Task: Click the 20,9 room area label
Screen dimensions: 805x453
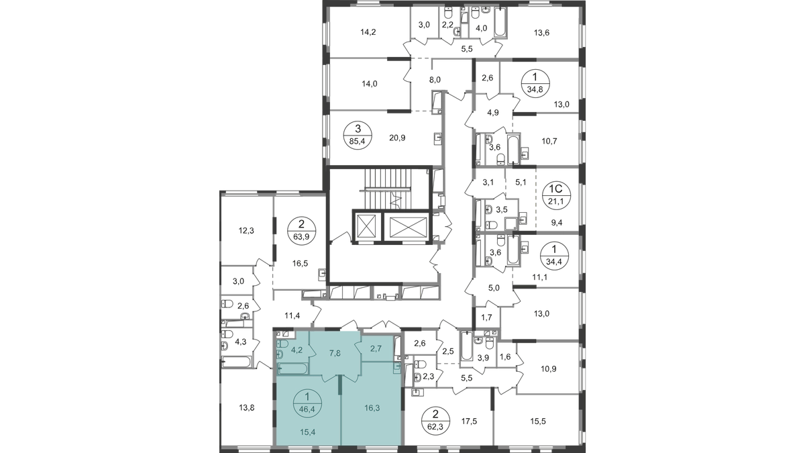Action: (397, 138)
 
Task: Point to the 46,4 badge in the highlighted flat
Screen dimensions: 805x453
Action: (307, 404)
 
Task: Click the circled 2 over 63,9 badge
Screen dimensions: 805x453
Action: (301, 231)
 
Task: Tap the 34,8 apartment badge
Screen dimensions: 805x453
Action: (535, 83)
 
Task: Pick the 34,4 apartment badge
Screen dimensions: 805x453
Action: (554, 256)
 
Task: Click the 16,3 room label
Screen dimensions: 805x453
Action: (372, 408)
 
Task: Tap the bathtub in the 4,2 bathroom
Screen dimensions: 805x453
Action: (293, 369)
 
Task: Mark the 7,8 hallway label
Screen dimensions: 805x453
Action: (335, 354)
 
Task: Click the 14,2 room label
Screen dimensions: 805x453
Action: (368, 32)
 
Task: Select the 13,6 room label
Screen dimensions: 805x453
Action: (541, 33)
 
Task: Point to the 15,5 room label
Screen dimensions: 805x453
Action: (538, 421)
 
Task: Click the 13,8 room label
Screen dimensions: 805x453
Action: (247, 408)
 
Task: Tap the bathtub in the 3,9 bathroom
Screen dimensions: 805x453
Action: (466, 346)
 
